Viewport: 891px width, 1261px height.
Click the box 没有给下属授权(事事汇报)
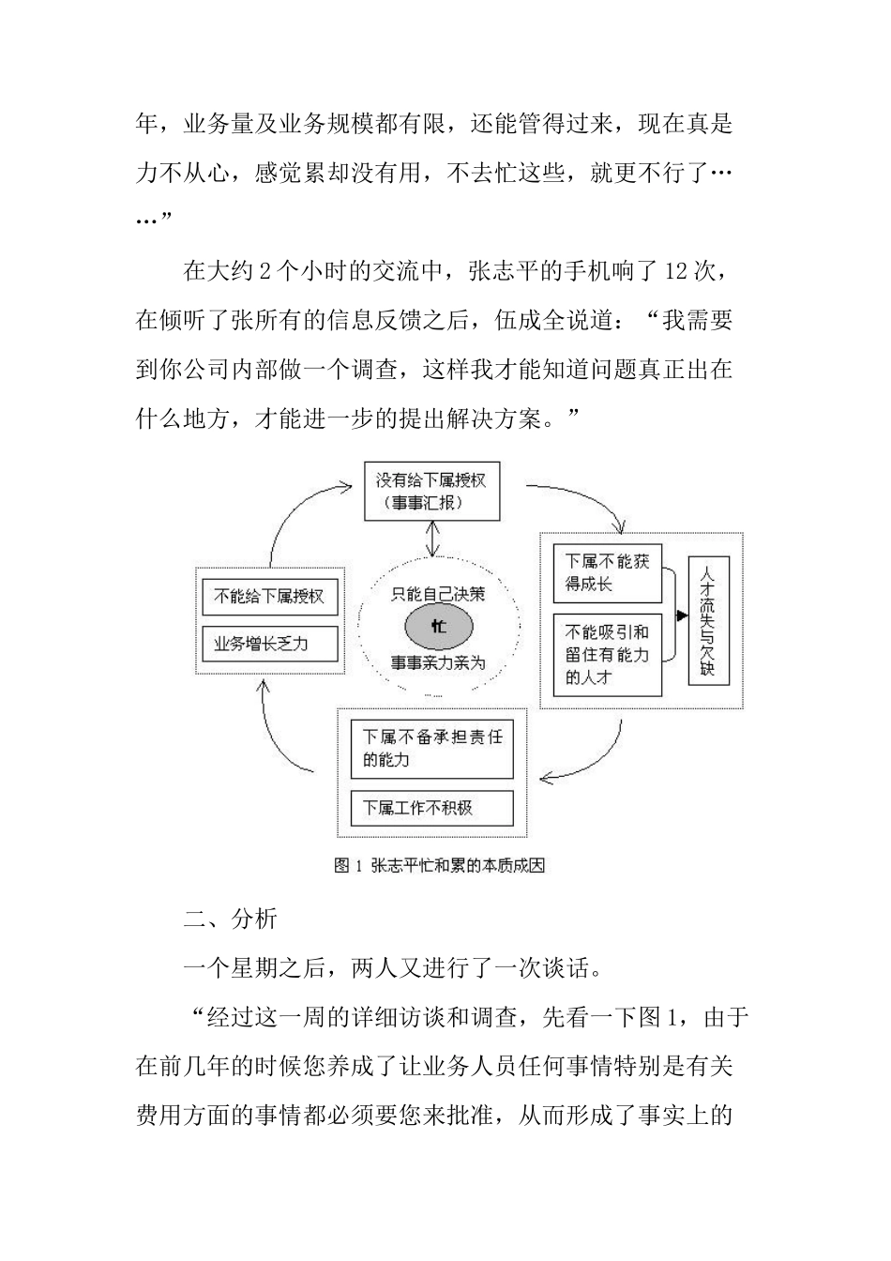pyautogui.click(x=431, y=491)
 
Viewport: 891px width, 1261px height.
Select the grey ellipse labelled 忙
pyautogui.click(x=439, y=626)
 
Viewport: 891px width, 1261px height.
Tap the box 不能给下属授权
pyautogui.click(x=269, y=597)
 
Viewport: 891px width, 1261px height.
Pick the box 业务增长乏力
pyautogui.click(x=269, y=644)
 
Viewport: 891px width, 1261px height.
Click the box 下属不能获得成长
pyautogui.click(x=608, y=572)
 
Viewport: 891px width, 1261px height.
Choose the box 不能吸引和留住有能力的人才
pyautogui.click(x=608, y=654)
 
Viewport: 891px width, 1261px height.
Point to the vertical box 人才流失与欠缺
pyautogui.click(x=707, y=620)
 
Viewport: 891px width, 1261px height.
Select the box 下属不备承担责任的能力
pyautogui.click(x=432, y=748)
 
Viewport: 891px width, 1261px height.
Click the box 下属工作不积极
pyautogui.click(x=432, y=808)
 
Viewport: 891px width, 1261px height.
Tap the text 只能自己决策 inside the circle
pyautogui.click(x=438, y=592)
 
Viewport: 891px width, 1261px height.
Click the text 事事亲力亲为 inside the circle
pyautogui.click(x=438, y=663)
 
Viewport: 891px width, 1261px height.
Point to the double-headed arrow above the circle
pyautogui.click(x=432, y=540)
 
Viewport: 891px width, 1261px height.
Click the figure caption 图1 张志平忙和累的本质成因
pyautogui.click(x=439, y=865)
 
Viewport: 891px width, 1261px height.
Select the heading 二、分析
pyautogui.click(x=230, y=918)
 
